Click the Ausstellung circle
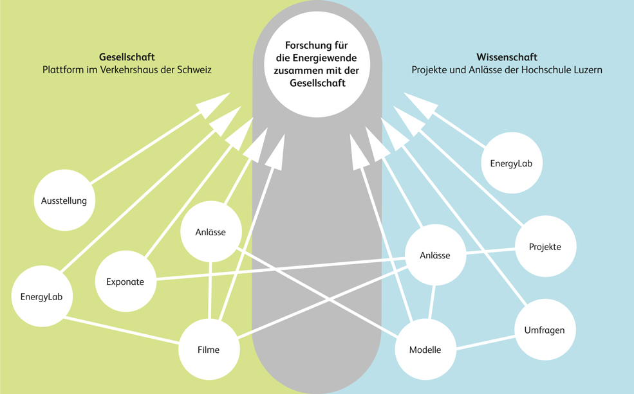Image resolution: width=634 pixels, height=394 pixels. click(64, 201)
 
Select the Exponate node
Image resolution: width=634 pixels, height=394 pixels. click(125, 282)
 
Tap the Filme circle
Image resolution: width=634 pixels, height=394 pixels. click(209, 350)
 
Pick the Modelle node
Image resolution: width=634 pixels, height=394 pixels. click(425, 350)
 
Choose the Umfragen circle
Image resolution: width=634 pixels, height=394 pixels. click(544, 330)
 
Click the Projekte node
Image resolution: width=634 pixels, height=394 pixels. click(545, 247)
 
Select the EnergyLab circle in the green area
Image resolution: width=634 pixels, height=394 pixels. click(42, 296)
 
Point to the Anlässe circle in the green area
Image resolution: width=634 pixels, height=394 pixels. click(210, 232)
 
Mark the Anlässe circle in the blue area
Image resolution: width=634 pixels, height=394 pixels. click(435, 255)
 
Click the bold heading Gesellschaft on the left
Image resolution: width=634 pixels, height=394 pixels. click(127, 57)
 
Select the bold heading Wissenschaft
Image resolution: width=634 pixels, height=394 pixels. click(507, 57)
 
